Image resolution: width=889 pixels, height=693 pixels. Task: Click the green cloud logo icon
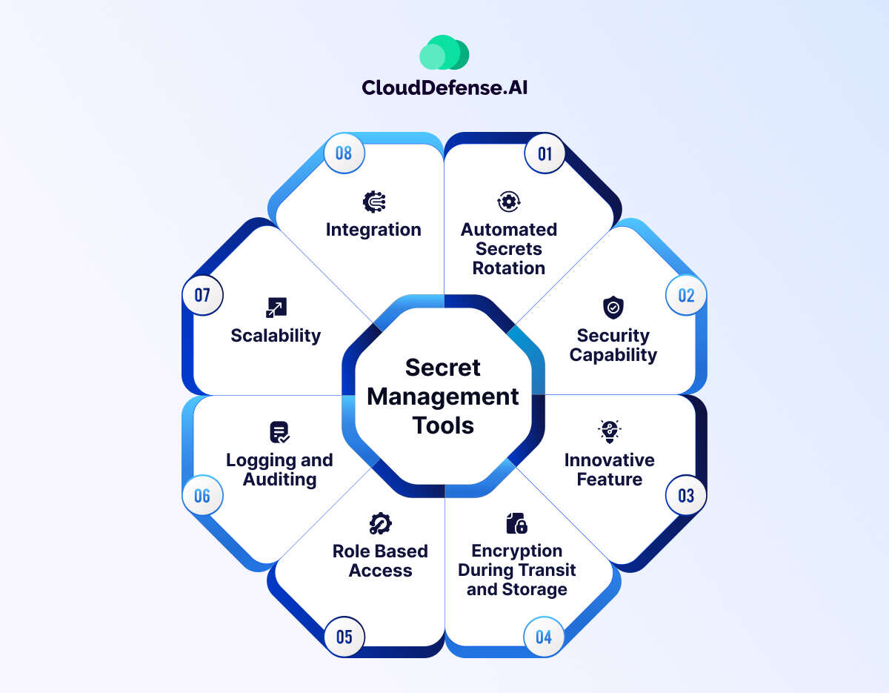(444, 53)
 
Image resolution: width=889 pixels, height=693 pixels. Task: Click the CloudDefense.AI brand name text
(444, 87)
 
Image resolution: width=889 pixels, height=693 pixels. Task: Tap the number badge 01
(545, 153)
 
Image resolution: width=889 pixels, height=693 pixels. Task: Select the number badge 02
(686, 295)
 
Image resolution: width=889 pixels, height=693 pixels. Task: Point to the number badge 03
(686, 495)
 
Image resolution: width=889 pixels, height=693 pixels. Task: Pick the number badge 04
(544, 637)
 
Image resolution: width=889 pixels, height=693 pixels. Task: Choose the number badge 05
(344, 637)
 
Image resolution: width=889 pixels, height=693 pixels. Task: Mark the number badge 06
(202, 495)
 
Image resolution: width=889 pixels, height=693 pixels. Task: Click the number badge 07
(202, 295)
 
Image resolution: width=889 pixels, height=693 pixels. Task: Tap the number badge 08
(344, 153)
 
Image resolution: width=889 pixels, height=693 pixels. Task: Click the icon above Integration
(374, 202)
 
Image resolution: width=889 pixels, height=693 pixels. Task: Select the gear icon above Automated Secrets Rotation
(509, 202)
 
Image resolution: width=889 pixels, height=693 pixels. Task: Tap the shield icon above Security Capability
(613, 307)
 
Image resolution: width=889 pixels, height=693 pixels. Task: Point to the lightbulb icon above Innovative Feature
(609, 431)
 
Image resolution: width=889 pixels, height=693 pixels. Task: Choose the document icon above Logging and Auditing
(279, 432)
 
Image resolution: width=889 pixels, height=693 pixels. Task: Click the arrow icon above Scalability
(276, 308)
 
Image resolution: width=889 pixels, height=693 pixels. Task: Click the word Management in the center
(443, 397)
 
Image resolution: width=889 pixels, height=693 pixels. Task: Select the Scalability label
(276, 336)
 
